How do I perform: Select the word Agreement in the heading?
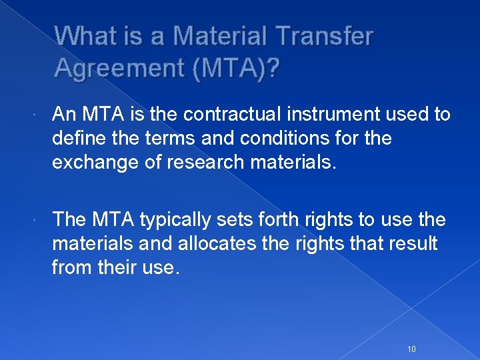117,68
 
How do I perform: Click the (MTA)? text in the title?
233,68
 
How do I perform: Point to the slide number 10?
411,331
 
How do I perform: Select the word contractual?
217,114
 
